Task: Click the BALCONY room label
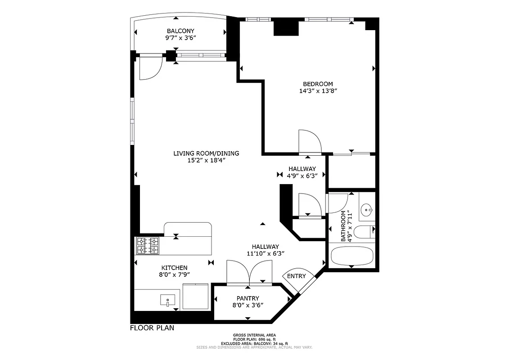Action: (180, 31)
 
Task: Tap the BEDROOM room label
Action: (318, 84)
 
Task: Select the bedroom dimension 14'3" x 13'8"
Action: (318, 91)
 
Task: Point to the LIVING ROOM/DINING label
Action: (206, 153)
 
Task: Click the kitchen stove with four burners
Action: (148, 246)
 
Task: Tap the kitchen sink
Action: (168, 300)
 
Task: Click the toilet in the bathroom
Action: (364, 232)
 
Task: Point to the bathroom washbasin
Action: (368, 209)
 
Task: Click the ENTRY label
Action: (296, 276)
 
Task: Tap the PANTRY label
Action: (248, 298)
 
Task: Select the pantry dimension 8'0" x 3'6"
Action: (248, 305)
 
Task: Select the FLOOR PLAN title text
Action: (152, 328)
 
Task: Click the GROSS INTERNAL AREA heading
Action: (254, 335)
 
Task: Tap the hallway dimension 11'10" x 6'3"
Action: (265, 253)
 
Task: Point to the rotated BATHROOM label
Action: (343, 226)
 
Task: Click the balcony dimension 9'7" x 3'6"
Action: (180, 38)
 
